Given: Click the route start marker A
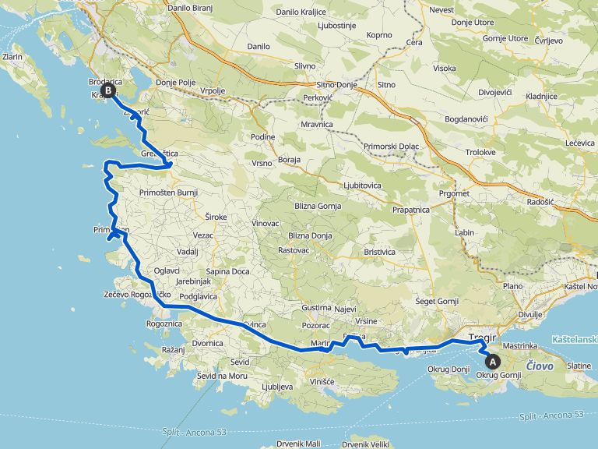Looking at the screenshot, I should tap(492, 361).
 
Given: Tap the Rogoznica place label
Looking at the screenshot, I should tap(164, 323).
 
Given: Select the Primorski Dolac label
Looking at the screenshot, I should tap(391, 147).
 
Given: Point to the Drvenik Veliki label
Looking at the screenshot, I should tap(365, 444).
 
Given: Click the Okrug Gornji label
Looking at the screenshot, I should tap(498, 375).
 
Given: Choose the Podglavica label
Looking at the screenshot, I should tap(198, 296).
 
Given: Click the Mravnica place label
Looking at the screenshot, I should tap(317, 125).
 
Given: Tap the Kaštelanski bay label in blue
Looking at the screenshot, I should tap(574, 340).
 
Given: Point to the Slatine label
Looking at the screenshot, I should tap(579, 366).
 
